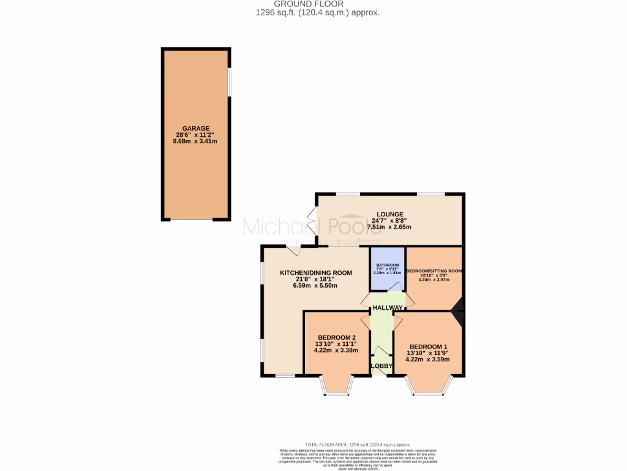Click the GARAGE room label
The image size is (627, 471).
[x=195, y=128]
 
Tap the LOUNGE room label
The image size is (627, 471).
[x=389, y=214]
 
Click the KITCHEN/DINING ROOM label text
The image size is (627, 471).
[x=316, y=272]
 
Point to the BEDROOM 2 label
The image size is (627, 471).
[x=337, y=337]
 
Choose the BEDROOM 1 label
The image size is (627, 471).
[x=428, y=345]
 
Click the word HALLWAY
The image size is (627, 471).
[x=388, y=308]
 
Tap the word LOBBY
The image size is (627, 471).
[x=382, y=366]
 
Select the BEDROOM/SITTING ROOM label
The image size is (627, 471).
[x=434, y=270]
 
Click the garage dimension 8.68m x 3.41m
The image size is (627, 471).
[x=195, y=142]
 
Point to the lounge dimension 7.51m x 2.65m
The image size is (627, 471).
[x=389, y=227]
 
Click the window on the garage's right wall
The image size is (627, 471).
[x=230, y=81]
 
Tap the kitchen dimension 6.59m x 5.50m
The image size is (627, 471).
[x=315, y=286]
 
